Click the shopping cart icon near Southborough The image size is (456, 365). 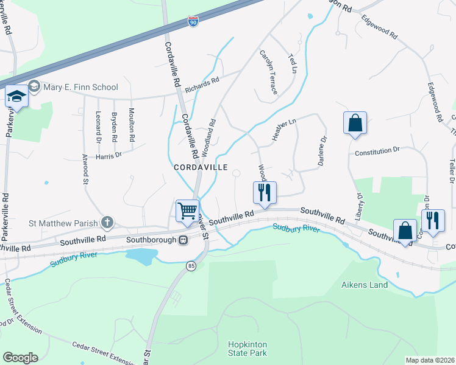click(188, 211)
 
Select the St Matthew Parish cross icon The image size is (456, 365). click(107, 222)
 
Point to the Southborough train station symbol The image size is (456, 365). click(182, 239)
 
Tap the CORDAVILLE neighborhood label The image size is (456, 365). click(201, 167)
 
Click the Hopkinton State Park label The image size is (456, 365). click(248, 349)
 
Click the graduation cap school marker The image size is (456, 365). click(16, 97)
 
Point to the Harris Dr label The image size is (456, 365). click(109, 155)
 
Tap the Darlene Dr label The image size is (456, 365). click(321, 150)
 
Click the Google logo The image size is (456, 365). click(20, 358)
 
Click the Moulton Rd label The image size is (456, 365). click(132, 125)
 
